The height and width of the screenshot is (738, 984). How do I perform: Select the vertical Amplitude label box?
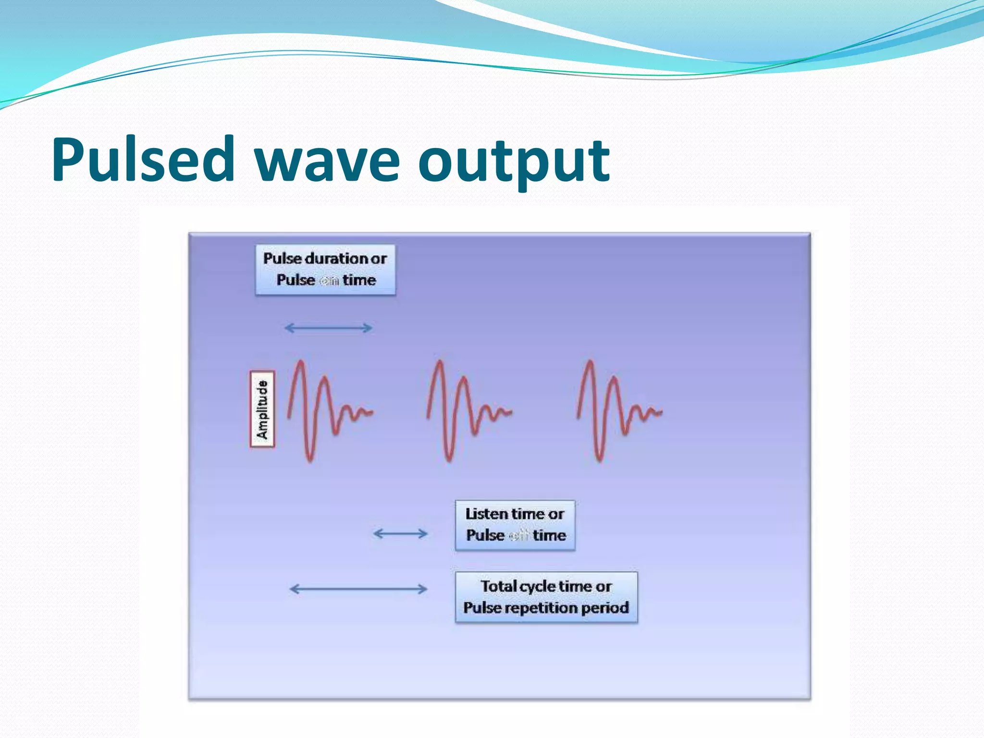coord(262,409)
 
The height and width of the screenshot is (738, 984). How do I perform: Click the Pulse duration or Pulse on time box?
coord(325,270)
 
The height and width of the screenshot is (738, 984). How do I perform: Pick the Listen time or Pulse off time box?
coord(515,525)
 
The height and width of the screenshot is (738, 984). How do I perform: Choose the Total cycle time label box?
coord(546,597)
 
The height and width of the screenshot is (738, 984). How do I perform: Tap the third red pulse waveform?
coord(617,411)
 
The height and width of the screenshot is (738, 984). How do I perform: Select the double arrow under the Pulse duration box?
coord(328,328)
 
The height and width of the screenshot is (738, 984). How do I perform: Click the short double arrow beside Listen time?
coord(400,534)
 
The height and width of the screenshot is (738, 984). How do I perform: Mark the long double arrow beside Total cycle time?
coord(358,589)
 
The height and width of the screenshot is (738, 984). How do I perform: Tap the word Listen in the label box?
coord(487,514)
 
